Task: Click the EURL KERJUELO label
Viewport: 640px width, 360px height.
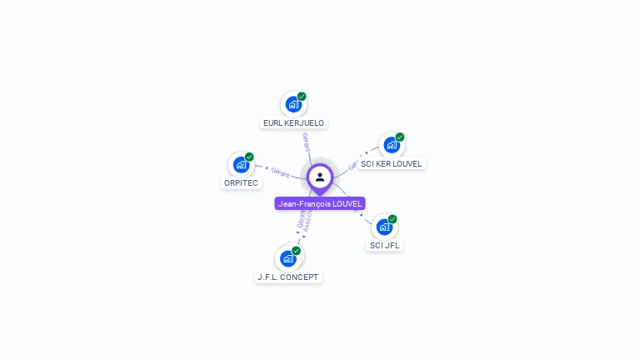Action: coord(293,123)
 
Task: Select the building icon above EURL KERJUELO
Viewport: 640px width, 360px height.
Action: coord(292,104)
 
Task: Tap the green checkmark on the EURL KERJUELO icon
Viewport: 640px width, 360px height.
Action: coord(302,97)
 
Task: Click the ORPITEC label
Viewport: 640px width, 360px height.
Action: coord(241,183)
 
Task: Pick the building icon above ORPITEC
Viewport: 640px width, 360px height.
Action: coord(241,164)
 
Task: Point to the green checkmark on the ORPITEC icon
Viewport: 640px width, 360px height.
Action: coord(249,157)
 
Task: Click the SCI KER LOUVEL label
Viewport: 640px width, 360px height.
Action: coord(392,164)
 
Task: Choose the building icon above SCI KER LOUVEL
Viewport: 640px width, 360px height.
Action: coord(391,145)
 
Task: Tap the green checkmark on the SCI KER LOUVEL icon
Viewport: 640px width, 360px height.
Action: coord(400,137)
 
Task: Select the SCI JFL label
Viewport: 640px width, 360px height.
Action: coord(385,246)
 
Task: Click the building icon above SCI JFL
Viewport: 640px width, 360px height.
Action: coord(384,227)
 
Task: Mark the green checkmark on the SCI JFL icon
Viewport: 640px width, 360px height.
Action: coord(392,219)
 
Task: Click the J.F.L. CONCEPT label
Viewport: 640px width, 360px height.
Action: coord(287,277)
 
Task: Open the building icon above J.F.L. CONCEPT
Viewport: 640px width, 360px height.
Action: coord(287,258)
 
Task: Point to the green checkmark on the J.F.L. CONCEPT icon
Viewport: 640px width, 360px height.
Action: coord(296,251)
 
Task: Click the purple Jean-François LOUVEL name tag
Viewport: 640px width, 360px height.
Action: coord(320,203)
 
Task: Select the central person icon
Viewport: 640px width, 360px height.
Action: coord(320,177)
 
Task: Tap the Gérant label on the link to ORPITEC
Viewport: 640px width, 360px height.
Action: coord(280,172)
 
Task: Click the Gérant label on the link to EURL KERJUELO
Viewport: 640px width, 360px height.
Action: coord(306,142)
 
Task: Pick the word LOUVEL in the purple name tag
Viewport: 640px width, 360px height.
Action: coord(346,203)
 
